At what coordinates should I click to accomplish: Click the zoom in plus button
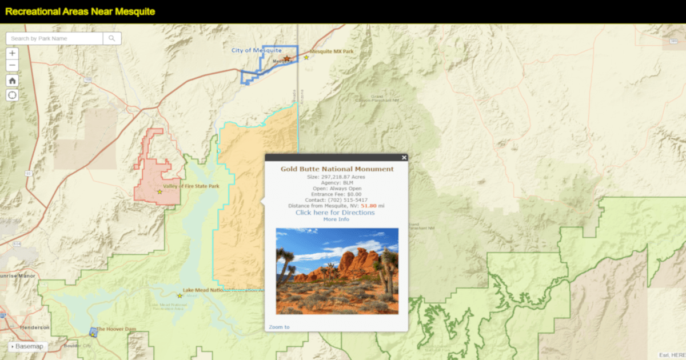[x=13, y=53]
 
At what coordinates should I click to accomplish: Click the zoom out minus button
[x=13, y=66]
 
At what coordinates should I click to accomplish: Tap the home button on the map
[x=13, y=81]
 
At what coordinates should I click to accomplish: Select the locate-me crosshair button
[x=13, y=95]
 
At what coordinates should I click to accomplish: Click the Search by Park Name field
[x=55, y=38]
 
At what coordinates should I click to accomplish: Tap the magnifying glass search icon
[x=112, y=38]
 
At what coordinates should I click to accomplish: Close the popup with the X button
[x=404, y=158]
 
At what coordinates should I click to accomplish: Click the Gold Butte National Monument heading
[x=337, y=169]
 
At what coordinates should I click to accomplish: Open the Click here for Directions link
[x=335, y=213]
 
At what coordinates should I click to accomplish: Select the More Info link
[x=336, y=219]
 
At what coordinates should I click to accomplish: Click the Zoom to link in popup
[x=279, y=327]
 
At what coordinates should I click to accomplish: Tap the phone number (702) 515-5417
[x=348, y=200]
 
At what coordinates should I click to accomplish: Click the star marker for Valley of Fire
[x=160, y=191]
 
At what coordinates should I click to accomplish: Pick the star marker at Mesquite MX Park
[x=306, y=57]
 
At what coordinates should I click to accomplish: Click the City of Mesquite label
[x=256, y=50]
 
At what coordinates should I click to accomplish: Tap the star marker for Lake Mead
[x=180, y=295]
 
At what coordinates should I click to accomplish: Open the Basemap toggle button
[x=29, y=346]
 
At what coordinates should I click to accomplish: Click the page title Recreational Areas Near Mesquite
[x=80, y=11]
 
